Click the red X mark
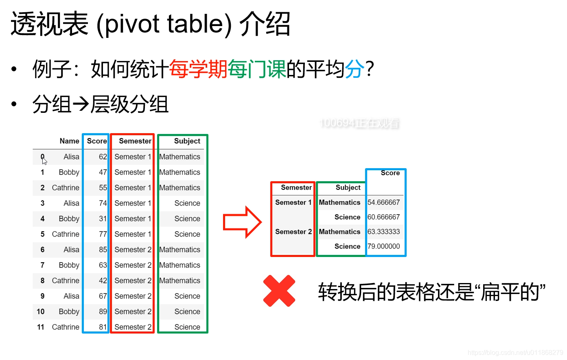coord(279,291)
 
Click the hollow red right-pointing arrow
coord(242,222)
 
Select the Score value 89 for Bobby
coord(103,312)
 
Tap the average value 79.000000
coord(383,246)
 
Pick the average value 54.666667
coord(383,202)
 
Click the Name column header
coord(69,141)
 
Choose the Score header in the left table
coord(97,141)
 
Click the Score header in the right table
coord(390,173)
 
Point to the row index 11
coord(41,327)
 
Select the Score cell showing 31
coord(103,219)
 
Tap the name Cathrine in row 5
coord(66,234)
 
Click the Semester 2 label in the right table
coord(293,232)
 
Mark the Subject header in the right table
coord(348,188)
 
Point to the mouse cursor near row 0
coord(44,159)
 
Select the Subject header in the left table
coord(187,141)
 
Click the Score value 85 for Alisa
coord(103,250)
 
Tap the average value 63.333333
coord(383,232)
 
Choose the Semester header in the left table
coord(135,141)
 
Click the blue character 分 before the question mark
coord(355,69)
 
